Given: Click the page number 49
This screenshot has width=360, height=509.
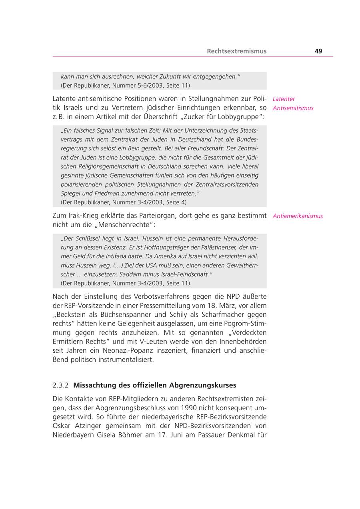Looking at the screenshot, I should pos(318,51).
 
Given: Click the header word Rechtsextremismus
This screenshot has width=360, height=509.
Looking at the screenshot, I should pos(236,51).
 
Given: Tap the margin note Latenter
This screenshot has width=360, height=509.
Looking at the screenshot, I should pos(284,99).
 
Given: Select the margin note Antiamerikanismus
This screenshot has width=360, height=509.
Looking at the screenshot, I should pos(298,216).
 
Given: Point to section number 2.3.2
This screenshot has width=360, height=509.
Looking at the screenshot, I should pos(60,385).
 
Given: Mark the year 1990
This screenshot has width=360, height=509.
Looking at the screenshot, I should pos(188,408).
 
